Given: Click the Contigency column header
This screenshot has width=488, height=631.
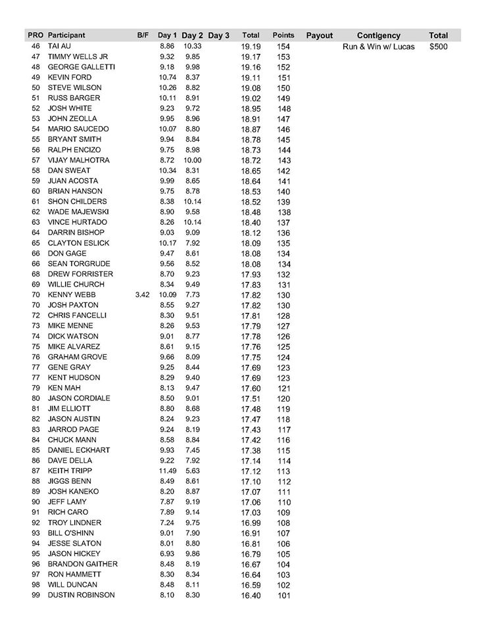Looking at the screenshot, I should coord(378,35).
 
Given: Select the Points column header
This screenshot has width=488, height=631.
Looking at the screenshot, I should coord(283,35).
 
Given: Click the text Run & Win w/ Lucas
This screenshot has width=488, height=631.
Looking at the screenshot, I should coord(378,47).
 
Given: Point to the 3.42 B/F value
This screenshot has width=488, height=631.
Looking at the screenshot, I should coord(142,295).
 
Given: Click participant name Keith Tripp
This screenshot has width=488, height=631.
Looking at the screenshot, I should coord(70,471).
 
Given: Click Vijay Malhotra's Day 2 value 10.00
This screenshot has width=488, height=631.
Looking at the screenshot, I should coord(192,160).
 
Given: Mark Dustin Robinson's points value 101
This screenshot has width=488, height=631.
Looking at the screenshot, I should coord(283,595).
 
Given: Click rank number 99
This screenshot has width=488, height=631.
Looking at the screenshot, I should coord(36,595).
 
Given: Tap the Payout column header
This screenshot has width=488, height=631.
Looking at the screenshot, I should coord(320,35).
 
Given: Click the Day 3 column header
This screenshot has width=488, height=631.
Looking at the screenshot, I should coord(218,35).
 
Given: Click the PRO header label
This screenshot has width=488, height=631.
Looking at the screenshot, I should coord(36,35).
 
